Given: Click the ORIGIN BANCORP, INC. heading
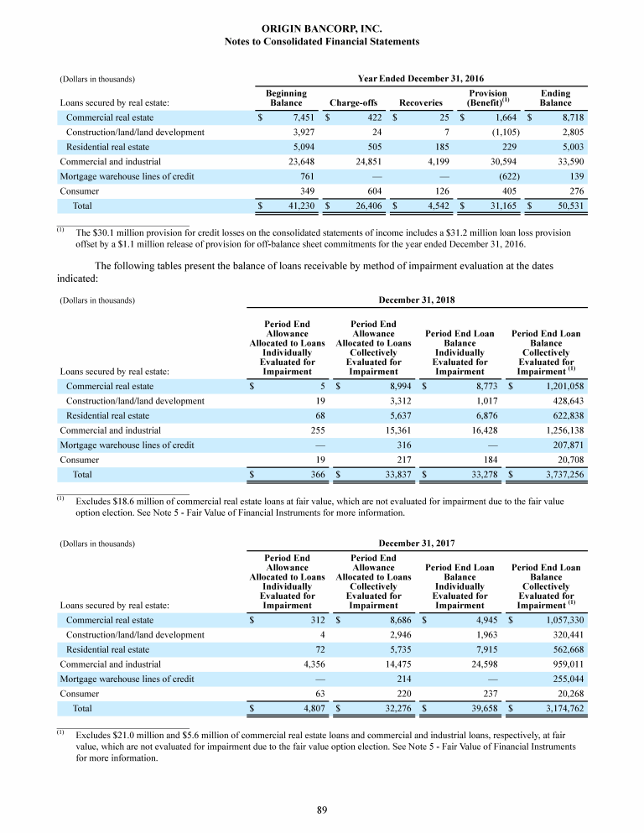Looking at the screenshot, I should (x=322, y=29).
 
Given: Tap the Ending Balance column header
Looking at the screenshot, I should (x=555, y=98).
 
